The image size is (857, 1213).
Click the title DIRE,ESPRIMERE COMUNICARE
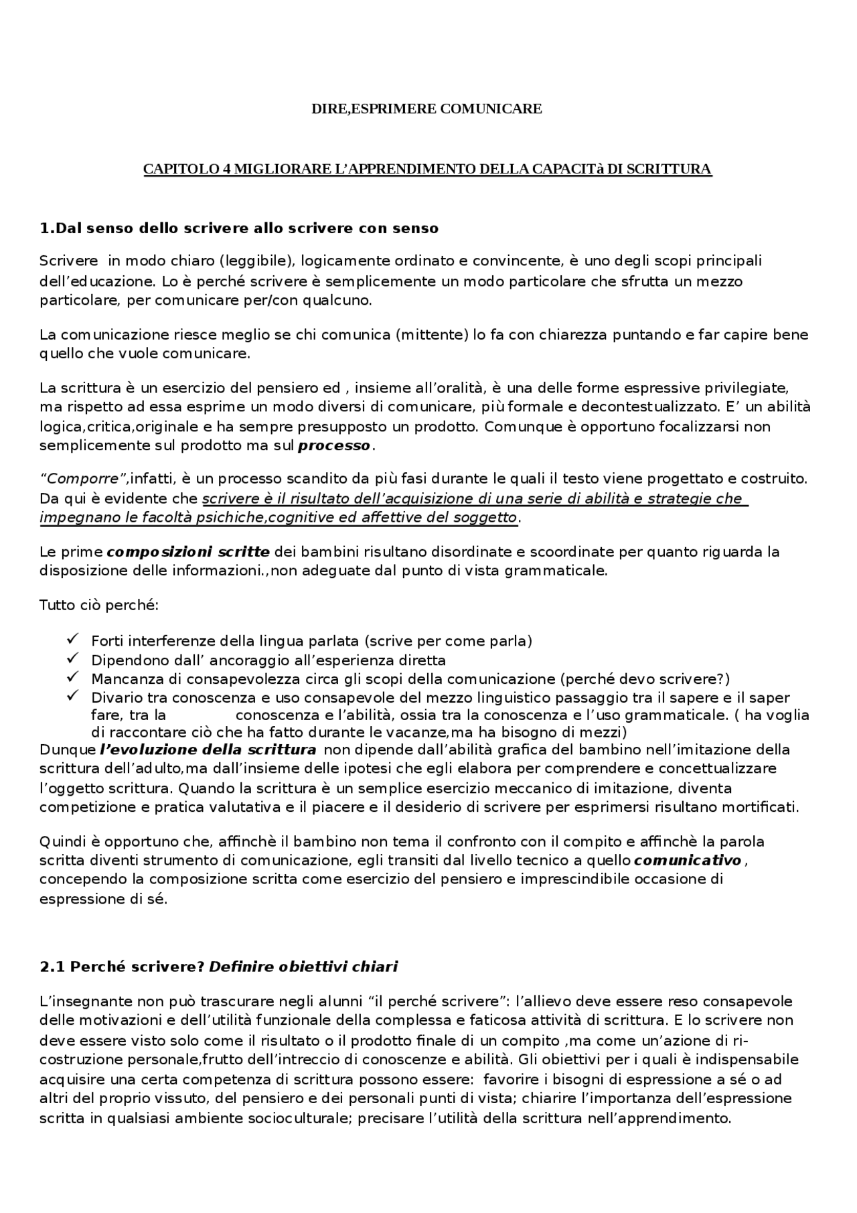[426, 109]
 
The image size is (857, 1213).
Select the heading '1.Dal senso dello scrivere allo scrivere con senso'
[239, 228]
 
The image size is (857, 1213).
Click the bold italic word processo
[334, 446]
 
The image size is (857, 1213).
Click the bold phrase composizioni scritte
[188, 553]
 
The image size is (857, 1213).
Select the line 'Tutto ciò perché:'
[99, 606]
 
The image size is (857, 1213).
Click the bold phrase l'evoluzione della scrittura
[208, 750]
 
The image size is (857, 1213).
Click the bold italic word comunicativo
[688, 860]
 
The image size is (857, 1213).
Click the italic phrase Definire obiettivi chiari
[303, 967]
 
